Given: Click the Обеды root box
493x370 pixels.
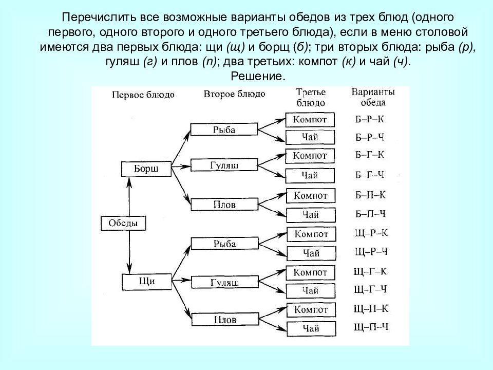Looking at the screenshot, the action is tap(123, 223).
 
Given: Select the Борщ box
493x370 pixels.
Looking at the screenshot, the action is tap(146, 169).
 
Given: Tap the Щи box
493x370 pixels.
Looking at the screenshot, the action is tap(147, 282).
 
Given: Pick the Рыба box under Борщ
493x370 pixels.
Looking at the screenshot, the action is tap(224, 129).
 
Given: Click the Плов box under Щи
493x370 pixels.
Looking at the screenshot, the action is tap(225, 319).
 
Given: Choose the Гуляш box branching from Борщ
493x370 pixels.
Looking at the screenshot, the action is tap(224, 165).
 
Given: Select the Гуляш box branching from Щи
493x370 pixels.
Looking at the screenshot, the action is tap(225, 282).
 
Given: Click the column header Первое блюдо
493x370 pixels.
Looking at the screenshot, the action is tap(143, 95).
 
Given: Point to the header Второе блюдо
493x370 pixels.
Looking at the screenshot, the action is tap(235, 94).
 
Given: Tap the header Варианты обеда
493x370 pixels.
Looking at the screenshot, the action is tap(373, 97).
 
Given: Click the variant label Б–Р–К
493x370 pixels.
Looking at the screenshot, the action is tap(370, 119).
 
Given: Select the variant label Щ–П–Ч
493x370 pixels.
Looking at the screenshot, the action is tap(371, 327).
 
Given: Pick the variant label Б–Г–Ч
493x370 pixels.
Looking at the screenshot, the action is tap(370, 175).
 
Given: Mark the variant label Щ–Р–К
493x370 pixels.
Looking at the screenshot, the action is tap(371, 233).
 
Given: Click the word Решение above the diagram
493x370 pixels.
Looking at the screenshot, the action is tap(258, 76).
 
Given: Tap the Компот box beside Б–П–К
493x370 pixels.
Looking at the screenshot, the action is tap(311, 196).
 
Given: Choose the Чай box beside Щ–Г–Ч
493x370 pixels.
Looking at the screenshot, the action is tap(311, 291).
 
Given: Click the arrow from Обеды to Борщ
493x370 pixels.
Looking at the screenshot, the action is tap(129, 196).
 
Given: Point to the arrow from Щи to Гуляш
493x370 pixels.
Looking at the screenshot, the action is tap(181, 280).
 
